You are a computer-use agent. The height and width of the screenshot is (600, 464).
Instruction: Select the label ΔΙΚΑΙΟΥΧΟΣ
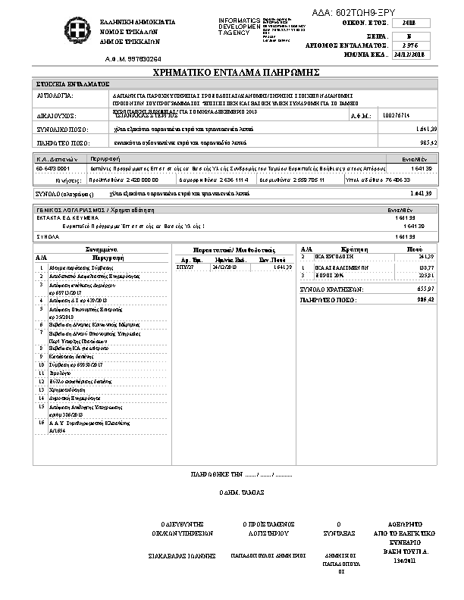57,117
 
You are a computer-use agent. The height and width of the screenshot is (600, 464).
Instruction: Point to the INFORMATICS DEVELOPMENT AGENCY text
238,26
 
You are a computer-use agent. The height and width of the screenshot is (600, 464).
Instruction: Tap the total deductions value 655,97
425,289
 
